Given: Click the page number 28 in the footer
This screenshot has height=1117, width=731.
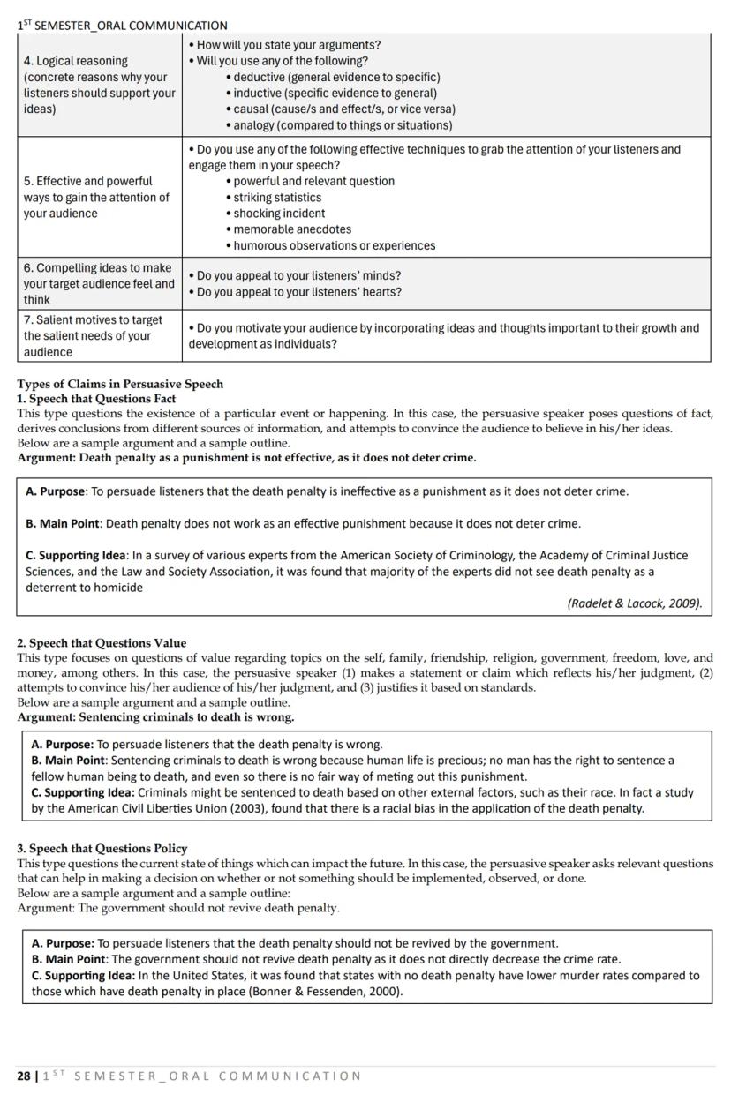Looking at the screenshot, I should [x=23, y=1076].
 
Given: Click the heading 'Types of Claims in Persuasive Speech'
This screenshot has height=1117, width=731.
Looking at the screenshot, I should [x=120, y=384].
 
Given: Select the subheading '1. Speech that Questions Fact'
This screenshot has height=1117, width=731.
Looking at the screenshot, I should [x=96, y=399].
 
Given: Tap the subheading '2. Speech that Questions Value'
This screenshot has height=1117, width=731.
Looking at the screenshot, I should [x=102, y=643].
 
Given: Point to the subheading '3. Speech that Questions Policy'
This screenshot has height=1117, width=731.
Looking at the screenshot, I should [x=102, y=849].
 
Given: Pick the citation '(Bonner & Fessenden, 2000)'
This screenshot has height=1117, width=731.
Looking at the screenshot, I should [x=326, y=992].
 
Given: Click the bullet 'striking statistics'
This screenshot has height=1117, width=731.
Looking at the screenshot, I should [x=277, y=198].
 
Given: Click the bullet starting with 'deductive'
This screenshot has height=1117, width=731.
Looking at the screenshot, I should [x=336, y=77].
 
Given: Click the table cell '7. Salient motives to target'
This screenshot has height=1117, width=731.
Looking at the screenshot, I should [x=93, y=319].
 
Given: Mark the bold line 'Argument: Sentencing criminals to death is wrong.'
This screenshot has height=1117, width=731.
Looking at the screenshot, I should [x=155, y=717].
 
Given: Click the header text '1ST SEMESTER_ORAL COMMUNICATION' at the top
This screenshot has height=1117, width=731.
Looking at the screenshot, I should [x=122, y=26].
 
